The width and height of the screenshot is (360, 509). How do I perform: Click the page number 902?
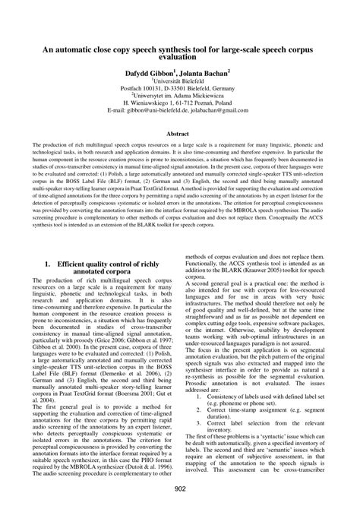180,488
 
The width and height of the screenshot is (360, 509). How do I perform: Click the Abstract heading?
180,132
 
